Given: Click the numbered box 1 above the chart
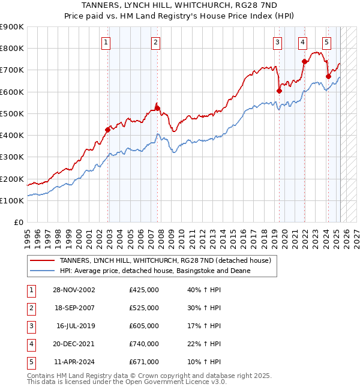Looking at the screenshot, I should [106, 42].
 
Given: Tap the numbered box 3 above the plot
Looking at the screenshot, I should [278, 42].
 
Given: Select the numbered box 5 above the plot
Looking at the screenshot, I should [326, 42].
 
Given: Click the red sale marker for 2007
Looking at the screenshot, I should [157, 108].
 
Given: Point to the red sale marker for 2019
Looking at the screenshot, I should [279, 91].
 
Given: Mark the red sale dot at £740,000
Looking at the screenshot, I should [304, 61].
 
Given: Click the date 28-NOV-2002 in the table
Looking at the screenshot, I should [74, 290].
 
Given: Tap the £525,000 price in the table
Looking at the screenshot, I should [144, 308].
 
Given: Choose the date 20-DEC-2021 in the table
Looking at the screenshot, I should [74, 344].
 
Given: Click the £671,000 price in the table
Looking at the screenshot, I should [144, 362].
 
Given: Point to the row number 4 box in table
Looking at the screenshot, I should [30, 344].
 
